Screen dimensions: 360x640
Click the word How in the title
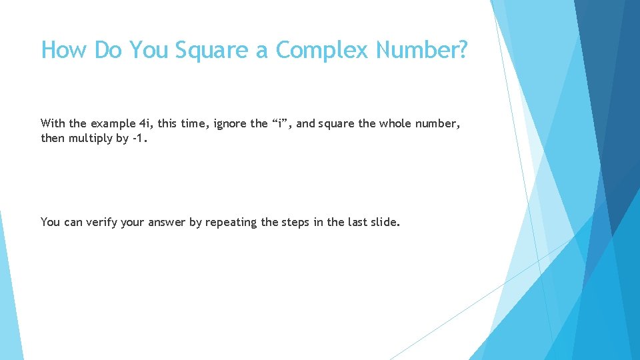(65, 50)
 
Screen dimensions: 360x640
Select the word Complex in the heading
(321, 50)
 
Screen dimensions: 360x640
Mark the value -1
(138, 138)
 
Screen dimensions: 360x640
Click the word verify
(103, 222)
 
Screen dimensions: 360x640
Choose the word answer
(165, 222)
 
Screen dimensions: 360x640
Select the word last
(357, 222)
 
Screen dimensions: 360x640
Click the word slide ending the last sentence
(385, 222)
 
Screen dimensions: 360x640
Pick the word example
(113, 123)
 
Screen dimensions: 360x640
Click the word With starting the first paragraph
(53, 123)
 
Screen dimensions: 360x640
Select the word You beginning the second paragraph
(50, 222)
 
